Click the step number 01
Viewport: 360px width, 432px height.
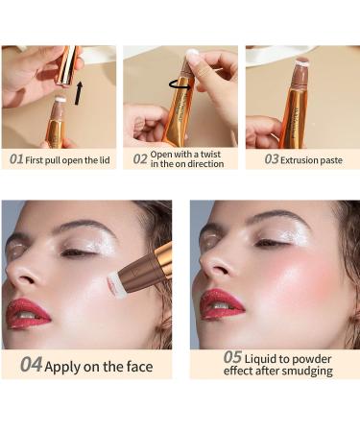16,159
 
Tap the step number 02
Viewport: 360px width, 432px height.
140,159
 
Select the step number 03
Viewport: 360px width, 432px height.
272,159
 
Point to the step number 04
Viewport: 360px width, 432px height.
31,365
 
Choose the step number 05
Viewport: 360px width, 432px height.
232,357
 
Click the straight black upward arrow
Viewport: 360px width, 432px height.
79,93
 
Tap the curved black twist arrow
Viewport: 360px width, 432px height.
181,84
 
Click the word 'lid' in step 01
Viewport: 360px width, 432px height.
105,160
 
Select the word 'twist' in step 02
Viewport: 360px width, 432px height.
210,155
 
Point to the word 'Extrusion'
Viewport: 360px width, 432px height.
299,160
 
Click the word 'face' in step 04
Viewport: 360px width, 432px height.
139,367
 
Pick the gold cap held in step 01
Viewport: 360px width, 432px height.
67,65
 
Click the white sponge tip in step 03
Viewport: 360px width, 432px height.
301,61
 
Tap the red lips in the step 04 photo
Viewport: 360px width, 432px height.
28,314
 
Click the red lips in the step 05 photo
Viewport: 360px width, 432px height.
222,305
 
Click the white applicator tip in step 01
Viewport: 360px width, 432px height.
60,100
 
